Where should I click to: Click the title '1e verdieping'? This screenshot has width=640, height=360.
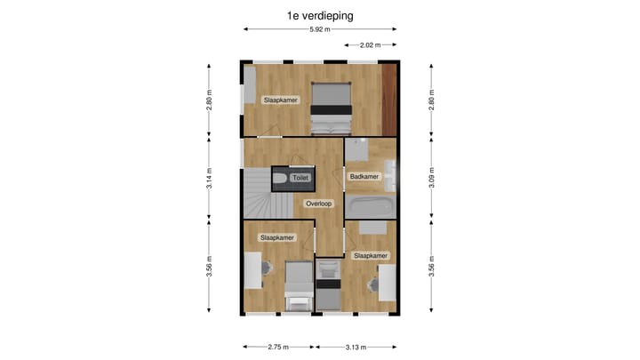[x=320, y=15]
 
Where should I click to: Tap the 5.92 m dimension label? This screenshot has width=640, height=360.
[x=320, y=29]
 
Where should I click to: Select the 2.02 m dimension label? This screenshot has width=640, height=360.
[x=370, y=44]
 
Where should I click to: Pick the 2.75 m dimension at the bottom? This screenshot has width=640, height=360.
[x=279, y=348]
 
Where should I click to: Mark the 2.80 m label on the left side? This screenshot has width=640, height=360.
[x=209, y=99]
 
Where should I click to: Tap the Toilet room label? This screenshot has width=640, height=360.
[x=300, y=179]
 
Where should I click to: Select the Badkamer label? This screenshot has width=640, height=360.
[x=364, y=177]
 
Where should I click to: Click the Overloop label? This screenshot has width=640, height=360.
[x=318, y=204]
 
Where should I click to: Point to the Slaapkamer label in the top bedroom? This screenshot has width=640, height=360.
[x=279, y=100]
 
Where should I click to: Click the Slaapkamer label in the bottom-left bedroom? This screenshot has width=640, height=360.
[x=276, y=238]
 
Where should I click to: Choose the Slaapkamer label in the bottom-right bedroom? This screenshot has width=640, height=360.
[x=371, y=256]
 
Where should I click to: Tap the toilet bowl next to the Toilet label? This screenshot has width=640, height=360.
[x=280, y=179]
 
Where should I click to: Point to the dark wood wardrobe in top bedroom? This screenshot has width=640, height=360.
[x=388, y=99]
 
